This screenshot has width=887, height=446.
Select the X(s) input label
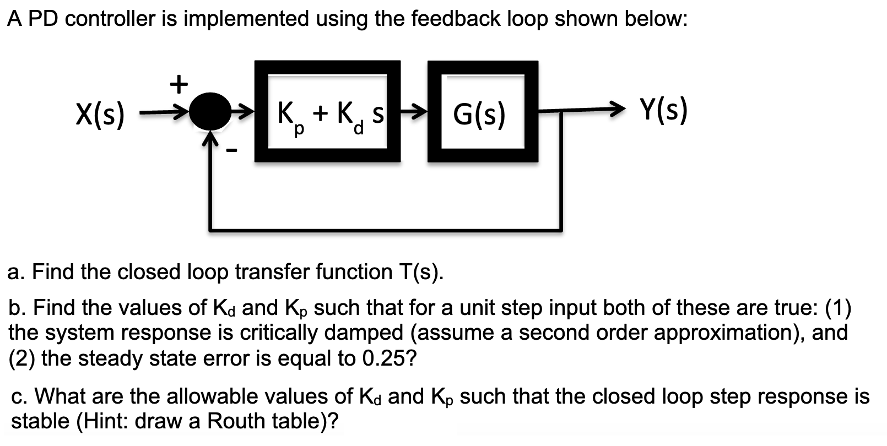tap(100, 115)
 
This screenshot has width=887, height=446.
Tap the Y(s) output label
tap(663, 110)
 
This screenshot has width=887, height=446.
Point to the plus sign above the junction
tap(178, 84)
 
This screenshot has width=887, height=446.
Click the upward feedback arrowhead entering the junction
tap(209, 139)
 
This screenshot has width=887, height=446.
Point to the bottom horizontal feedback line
tap(386, 229)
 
